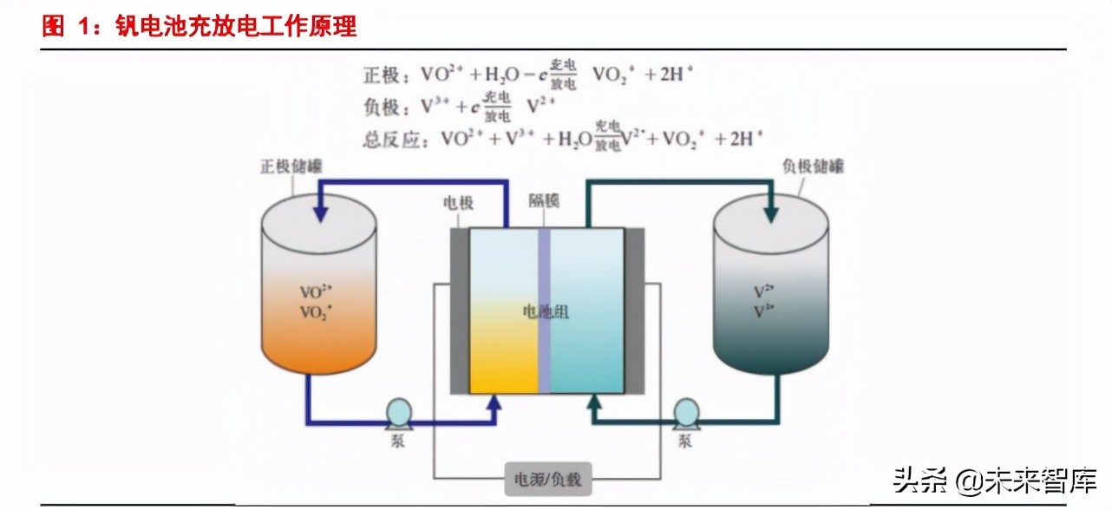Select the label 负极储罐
click(x=813, y=165)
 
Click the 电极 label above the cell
click(x=458, y=202)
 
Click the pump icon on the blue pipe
click(x=398, y=412)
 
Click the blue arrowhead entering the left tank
click(x=320, y=211)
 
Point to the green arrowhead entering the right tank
click(x=769, y=211)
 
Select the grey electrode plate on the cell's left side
click(x=459, y=311)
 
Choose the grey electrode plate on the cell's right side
click(x=634, y=311)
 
